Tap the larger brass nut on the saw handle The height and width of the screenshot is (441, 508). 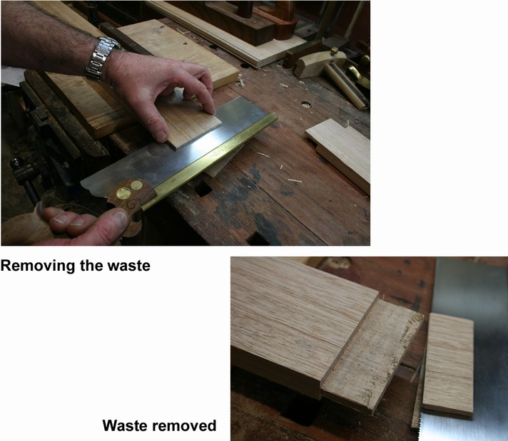pyautogui.click(x=123, y=193)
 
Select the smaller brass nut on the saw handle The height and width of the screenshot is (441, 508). pyautogui.click(x=136, y=185)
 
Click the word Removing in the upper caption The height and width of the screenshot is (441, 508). pyautogui.click(x=39, y=266)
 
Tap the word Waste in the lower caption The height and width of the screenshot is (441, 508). pyautogui.click(x=123, y=425)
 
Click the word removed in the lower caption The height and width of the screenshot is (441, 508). pyautogui.click(x=181, y=425)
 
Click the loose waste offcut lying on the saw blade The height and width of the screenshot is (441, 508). pyautogui.click(x=448, y=363)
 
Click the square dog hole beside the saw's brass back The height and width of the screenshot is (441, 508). pyautogui.click(x=203, y=189)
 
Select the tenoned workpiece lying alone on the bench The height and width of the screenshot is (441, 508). pyautogui.click(x=339, y=153)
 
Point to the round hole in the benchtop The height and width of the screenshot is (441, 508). pyautogui.click(x=306, y=105)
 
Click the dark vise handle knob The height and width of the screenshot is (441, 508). pyautogui.click(x=16, y=162)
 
